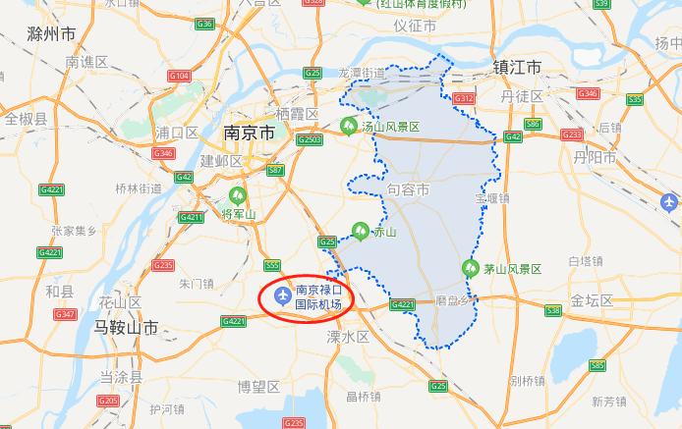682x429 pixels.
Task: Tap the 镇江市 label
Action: (x=517, y=68)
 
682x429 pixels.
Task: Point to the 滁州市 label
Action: (x=53, y=34)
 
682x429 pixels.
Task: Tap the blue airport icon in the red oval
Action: (x=283, y=296)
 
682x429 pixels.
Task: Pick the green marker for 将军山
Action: (x=236, y=195)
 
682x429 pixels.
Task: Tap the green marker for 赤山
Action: (x=361, y=232)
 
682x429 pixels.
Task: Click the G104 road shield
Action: (x=179, y=76)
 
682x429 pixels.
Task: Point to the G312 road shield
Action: (x=464, y=98)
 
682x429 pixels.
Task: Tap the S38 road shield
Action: (x=553, y=310)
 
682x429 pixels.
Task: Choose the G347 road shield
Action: (x=66, y=314)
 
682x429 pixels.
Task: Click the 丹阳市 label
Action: (x=597, y=157)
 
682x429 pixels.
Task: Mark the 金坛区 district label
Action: (x=592, y=300)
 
